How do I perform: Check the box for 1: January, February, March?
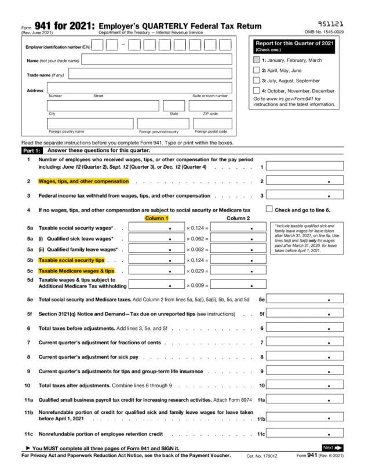pyautogui.click(x=257, y=60)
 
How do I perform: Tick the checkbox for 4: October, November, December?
pyautogui.click(x=257, y=90)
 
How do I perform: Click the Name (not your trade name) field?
pyautogui.click(x=157, y=60)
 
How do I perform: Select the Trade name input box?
pyautogui.click(x=150, y=74)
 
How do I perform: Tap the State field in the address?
pyautogui.click(x=174, y=105)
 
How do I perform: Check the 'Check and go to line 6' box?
pyautogui.click(x=269, y=209)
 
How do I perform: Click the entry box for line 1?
pyautogui.click(x=305, y=166)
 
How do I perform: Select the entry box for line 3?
pyautogui.click(x=305, y=195)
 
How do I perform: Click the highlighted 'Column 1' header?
pyautogui.click(x=156, y=218)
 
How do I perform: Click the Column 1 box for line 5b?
pyautogui.click(x=156, y=260)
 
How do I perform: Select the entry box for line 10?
pyautogui.click(x=305, y=385)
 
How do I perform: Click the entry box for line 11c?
pyautogui.click(x=305, y=434)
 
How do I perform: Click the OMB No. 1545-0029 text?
pyautogui.click(x=324, y=32)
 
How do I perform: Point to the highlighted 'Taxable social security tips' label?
pyautogui.click(x=71, y=260)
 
